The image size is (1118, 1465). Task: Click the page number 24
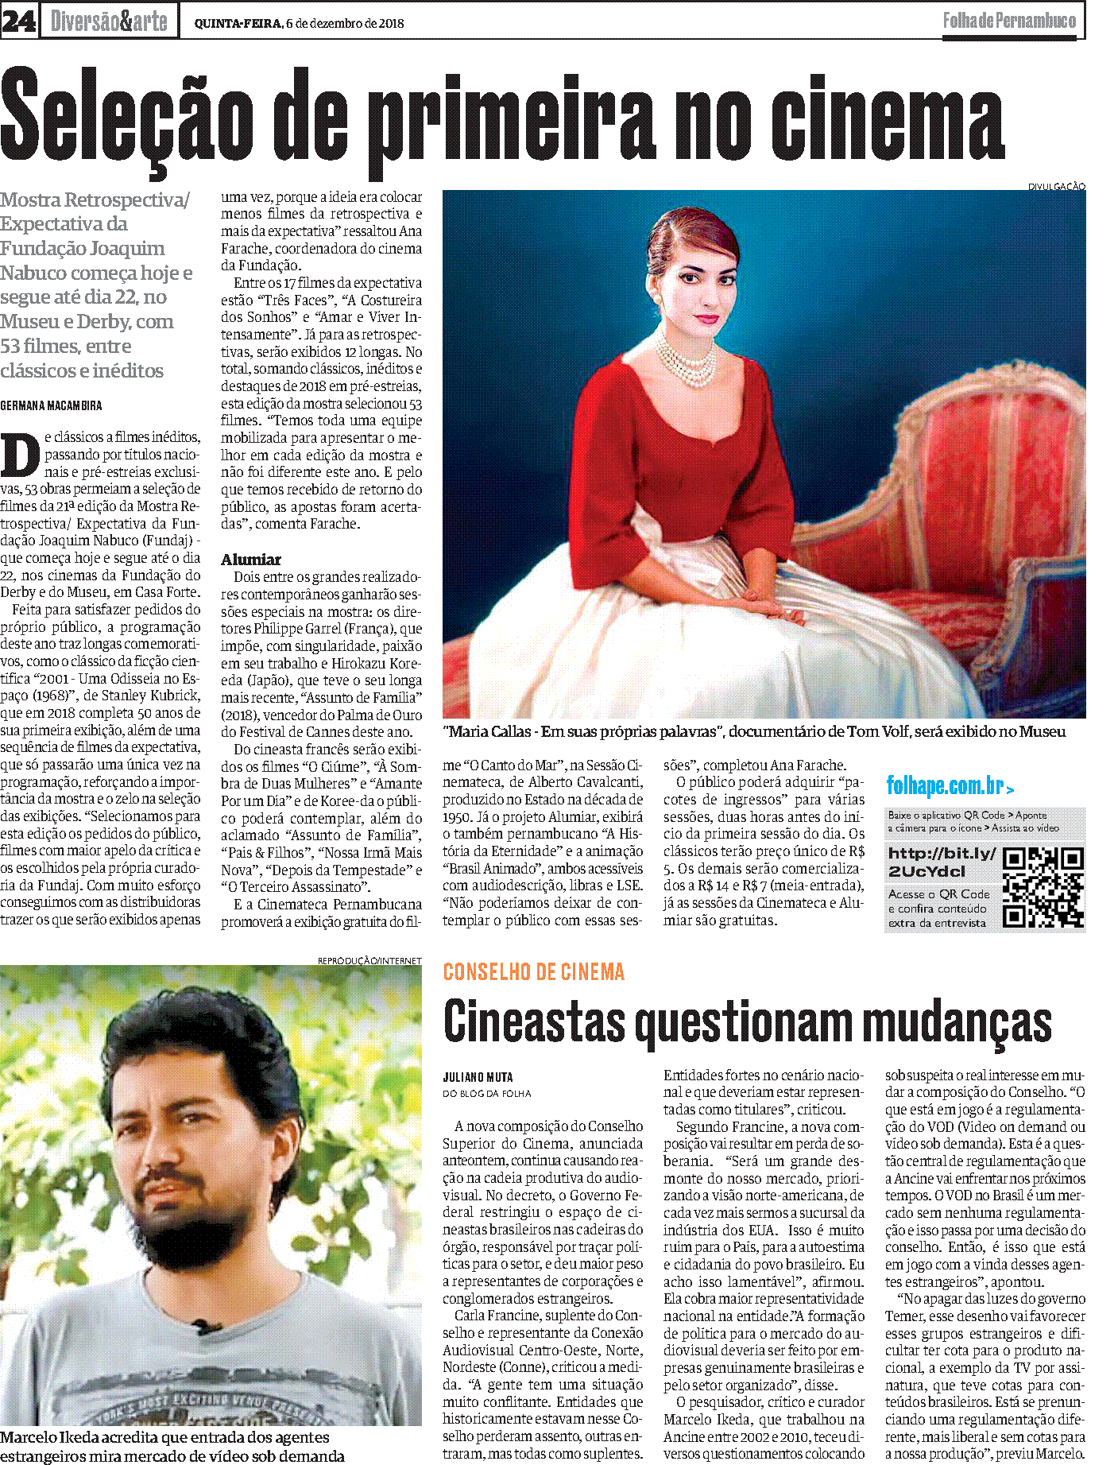18,21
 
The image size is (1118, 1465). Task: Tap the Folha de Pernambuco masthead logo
1009,21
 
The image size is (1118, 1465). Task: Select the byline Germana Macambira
51,405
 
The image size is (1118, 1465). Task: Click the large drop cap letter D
21,455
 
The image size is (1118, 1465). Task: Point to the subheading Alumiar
251,559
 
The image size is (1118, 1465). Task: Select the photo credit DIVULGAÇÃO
1056,186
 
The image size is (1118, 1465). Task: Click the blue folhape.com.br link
950,786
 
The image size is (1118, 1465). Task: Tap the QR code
1043,888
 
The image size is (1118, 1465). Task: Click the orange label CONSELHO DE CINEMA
533,971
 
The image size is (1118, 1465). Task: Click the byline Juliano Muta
478,1077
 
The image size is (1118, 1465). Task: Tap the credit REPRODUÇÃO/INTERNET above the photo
369,960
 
